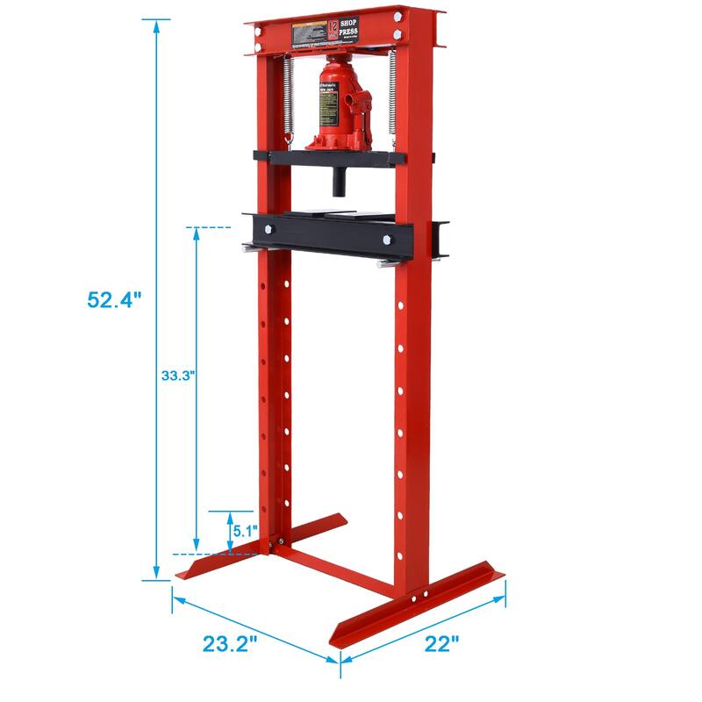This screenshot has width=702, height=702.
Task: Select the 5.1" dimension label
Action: pyautogui.click(x=243, y=531)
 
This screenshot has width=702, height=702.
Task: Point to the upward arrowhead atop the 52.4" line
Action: pyautogui.click(x=157, y=25)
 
